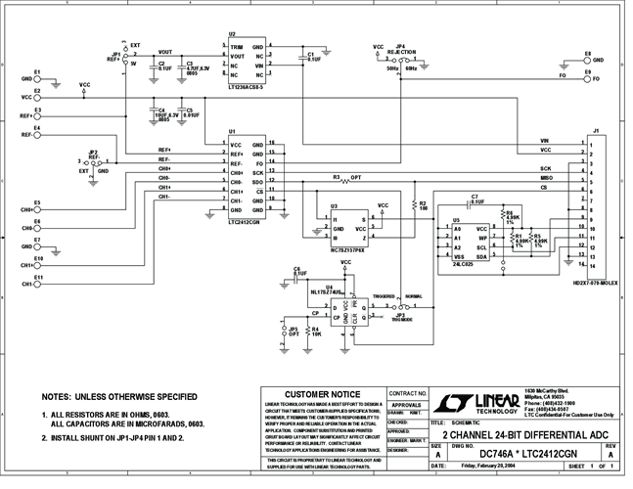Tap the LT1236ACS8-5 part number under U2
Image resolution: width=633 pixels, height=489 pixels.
[x=244, y=88]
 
